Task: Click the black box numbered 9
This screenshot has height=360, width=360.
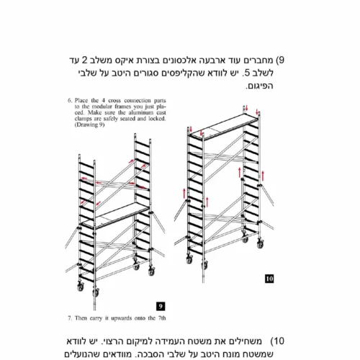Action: point(161,306)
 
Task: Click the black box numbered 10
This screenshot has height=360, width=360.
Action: point(269,279)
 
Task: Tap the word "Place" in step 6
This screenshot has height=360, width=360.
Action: point(81,100)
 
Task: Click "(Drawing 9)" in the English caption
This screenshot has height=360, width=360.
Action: point(89,125)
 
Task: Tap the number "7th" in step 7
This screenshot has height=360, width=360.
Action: point(162,318)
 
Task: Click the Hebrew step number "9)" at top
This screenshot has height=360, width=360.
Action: point(280,60)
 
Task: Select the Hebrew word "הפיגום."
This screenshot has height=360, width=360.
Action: point(259,86)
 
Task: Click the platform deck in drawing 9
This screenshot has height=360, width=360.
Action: point(116,215)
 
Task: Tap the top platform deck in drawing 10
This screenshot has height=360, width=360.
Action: point(224,127)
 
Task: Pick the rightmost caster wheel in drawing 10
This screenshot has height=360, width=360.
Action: point(260,243)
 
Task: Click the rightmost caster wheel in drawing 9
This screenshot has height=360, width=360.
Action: point(151,271)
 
